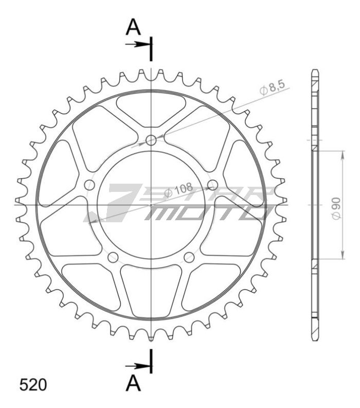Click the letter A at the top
pos(133,27)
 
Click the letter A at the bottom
pos(133,383)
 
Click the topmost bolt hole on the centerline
pos(151,140)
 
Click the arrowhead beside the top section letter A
pos(143,45)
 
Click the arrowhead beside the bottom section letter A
pos(143,366)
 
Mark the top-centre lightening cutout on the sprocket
pos(151,109)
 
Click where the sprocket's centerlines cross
pos(151,205)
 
